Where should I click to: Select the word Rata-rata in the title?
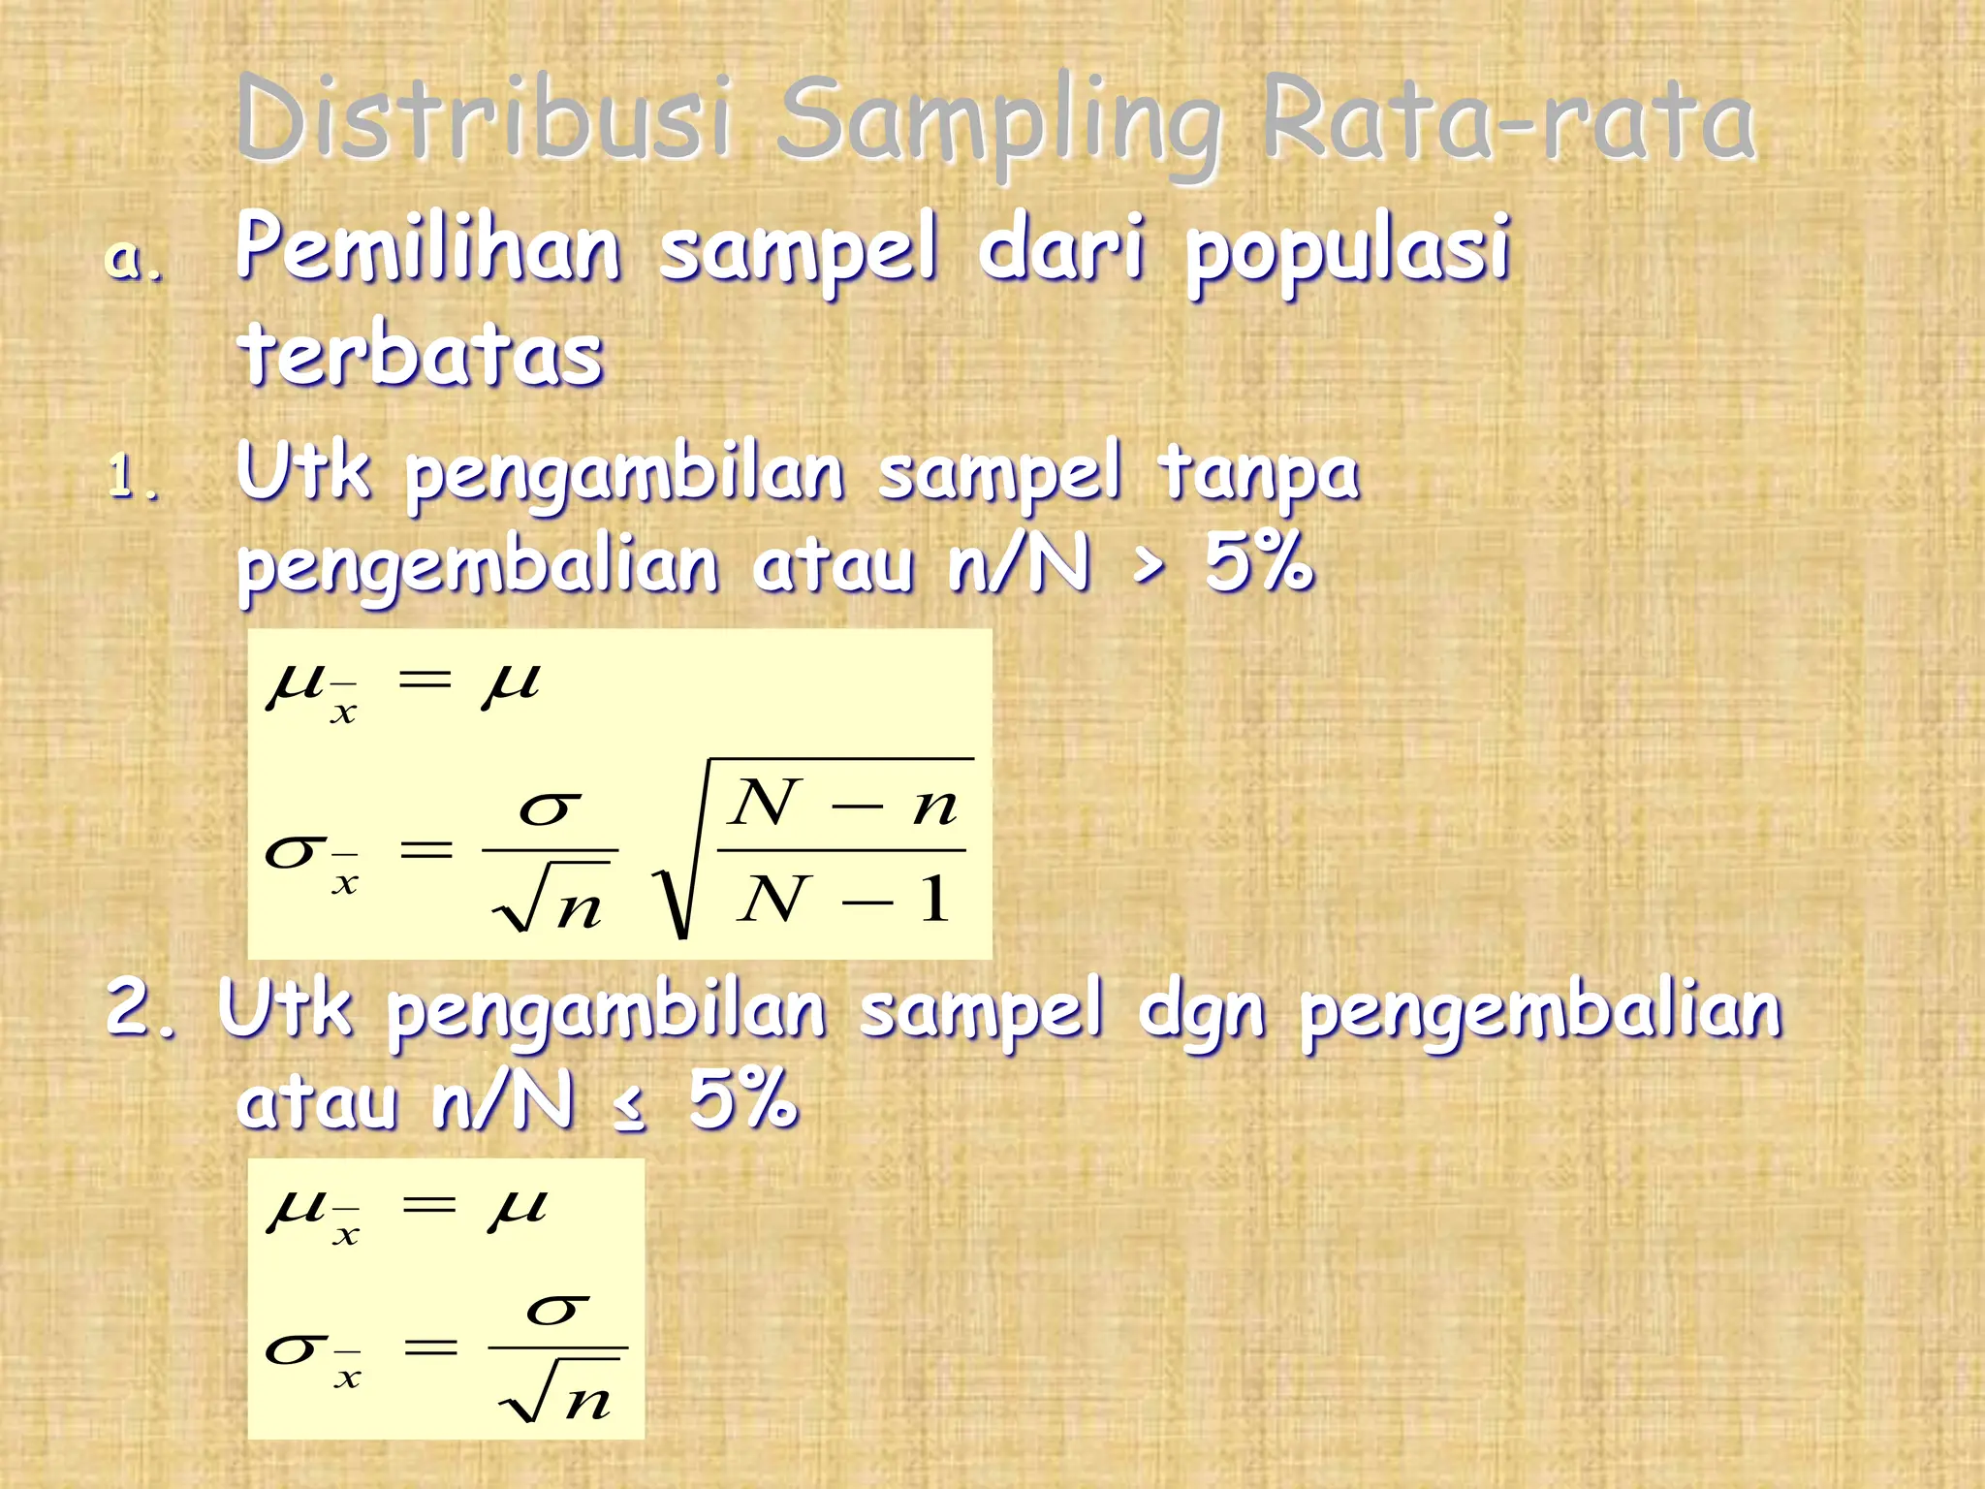coord(1508,118)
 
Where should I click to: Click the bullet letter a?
coord(133,260)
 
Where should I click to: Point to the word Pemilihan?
coord(427,248)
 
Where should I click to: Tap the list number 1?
coord(131,478)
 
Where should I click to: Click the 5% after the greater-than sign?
coord(1258,563)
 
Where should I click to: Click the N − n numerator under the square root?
coord(843,805)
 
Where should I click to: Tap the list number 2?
coord(141,1008)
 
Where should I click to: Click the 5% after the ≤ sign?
coord(743,1100)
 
